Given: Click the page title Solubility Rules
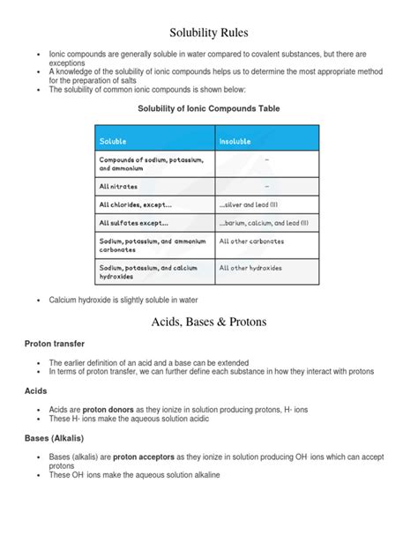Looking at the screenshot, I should [209, 33].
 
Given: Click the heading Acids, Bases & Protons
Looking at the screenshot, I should [209, 322].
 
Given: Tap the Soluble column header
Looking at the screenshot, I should [113, 140].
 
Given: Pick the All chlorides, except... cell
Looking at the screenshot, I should [133, 204].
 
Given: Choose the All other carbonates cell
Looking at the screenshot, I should [251, 241].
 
